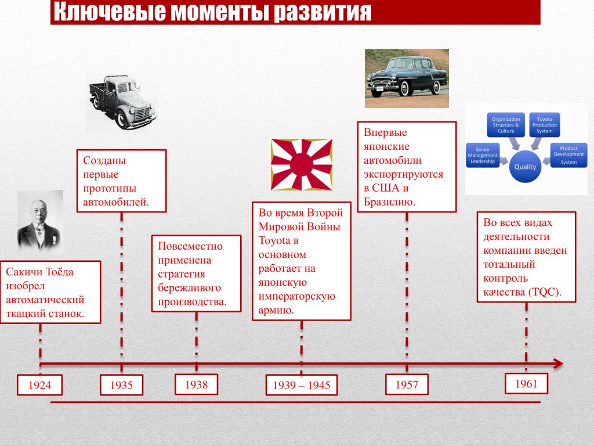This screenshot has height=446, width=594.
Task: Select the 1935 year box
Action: click(x=121, y=385)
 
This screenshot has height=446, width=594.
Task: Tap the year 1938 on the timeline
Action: click(x=196, y=384)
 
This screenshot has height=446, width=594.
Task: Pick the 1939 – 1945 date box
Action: click(x=302, y=385)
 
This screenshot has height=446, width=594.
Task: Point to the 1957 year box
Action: click(x=407, y=384)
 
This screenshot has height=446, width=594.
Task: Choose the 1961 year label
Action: click(x=526, y=383)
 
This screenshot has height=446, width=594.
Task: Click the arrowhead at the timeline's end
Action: click(x=557, y=364)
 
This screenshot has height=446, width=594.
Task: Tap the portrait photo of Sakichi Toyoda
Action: click(x=40, y=221)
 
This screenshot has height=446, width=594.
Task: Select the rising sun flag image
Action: click(x=302, y=164)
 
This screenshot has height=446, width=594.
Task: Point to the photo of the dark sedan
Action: click(x=407, y=78)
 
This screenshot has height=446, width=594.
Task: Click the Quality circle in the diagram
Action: click(x=526, y=167)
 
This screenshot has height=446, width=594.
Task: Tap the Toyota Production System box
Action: click(x=545, y=124)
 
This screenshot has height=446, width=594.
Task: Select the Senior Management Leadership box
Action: click(x=483, y=156)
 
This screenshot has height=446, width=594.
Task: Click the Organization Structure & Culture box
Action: click(x=505, y=124)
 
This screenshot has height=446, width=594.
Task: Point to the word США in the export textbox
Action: click(x=386, y=188)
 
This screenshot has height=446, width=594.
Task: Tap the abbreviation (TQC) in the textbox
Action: click(x=544, y=292)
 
